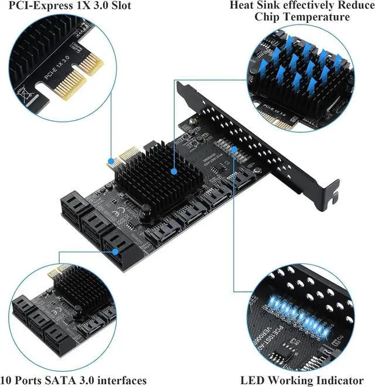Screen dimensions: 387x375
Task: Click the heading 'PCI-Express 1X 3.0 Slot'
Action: click(x=70, y=6)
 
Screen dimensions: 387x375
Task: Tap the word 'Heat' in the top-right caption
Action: click(x=242, y=5)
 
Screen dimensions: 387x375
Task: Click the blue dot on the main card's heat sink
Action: click(x=173, y=172)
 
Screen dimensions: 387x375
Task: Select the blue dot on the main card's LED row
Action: click(x=234, y=150)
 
